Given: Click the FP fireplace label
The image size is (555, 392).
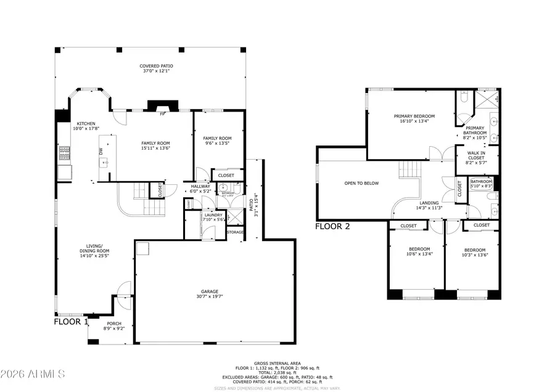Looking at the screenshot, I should coord(163,115).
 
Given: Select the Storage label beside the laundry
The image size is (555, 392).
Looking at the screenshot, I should coord(235,232).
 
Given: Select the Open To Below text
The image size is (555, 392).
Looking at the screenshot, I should coord(362,183).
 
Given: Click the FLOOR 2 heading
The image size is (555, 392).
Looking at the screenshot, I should coord(332,226).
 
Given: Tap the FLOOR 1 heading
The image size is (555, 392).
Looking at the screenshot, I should coord(72,321).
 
